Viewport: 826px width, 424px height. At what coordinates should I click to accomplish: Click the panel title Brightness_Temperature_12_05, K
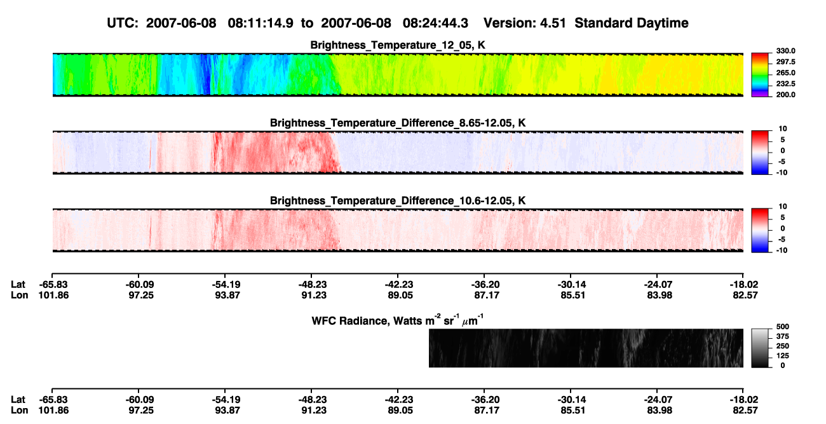click(x=398, y=45)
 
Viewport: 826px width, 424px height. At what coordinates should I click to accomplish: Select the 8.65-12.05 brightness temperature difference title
click(x=398, y=123)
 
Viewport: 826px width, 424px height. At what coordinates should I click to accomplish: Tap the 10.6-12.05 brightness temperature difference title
click(x=398, y=201)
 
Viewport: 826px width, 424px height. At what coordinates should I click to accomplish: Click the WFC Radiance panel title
click(x=398, y=320)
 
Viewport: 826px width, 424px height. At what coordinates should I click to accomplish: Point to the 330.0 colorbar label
click(x=785, y=51)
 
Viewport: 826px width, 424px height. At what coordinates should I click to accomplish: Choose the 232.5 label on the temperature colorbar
click(x=785, y=84)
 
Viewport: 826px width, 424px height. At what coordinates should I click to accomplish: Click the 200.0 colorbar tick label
click(x=785, y=95)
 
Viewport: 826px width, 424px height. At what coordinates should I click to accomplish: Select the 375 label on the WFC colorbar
click(x=783, y=336)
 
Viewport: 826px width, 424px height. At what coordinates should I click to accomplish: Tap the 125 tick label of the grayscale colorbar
click(x=783, y=356)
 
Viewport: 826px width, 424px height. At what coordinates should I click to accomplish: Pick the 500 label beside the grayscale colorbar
click(x=783, y=327)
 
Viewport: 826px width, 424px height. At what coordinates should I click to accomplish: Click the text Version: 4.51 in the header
click(x=525, y=24)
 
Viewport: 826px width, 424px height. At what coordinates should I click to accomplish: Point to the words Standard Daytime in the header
click(x=632, y=24)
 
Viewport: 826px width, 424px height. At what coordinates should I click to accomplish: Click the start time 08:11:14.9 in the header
click(x=261, y=24)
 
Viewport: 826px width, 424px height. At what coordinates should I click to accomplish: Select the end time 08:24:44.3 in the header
click(x=435, y=24)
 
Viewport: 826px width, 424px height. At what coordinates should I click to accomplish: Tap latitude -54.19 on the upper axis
click(x=226, y=285)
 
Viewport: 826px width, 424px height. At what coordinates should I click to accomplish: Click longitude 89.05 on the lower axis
click(x=400, y=411)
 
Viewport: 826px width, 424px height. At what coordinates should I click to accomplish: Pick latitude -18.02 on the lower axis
click(x=744, y=400)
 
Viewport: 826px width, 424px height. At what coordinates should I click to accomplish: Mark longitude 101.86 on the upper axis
click(x=53, y=295)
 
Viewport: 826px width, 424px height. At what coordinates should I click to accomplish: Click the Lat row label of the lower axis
click(x=18, y=400)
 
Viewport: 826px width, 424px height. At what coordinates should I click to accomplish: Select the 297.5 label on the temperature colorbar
click(x=785, y=62)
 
